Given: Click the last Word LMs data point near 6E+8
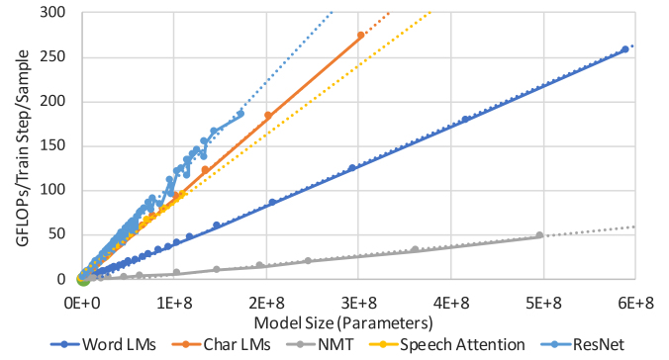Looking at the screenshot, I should tap(624, 49).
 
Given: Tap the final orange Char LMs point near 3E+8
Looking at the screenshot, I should tap(360, 36).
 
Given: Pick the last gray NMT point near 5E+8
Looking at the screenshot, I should tap(539, 235).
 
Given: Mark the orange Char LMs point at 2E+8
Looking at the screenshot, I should tap(267, 116).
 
